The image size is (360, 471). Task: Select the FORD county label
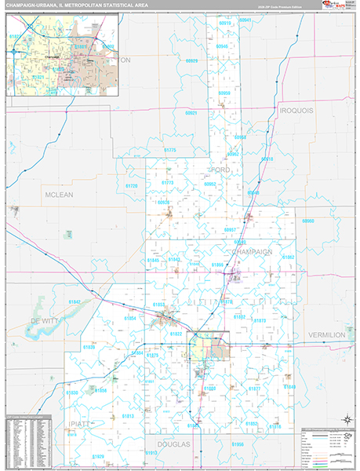(x=219, y=169)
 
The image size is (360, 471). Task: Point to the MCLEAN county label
(x=59, y=194)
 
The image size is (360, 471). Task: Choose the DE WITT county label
(x=45, y=321)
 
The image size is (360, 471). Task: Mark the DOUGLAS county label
(x=167, y=444)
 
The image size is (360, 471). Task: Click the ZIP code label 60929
(x=192, y=60)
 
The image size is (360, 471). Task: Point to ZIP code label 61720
(x=131, y=185)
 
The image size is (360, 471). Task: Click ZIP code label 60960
(x=307, y=221)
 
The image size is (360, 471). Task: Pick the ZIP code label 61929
(x=98, y=455)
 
